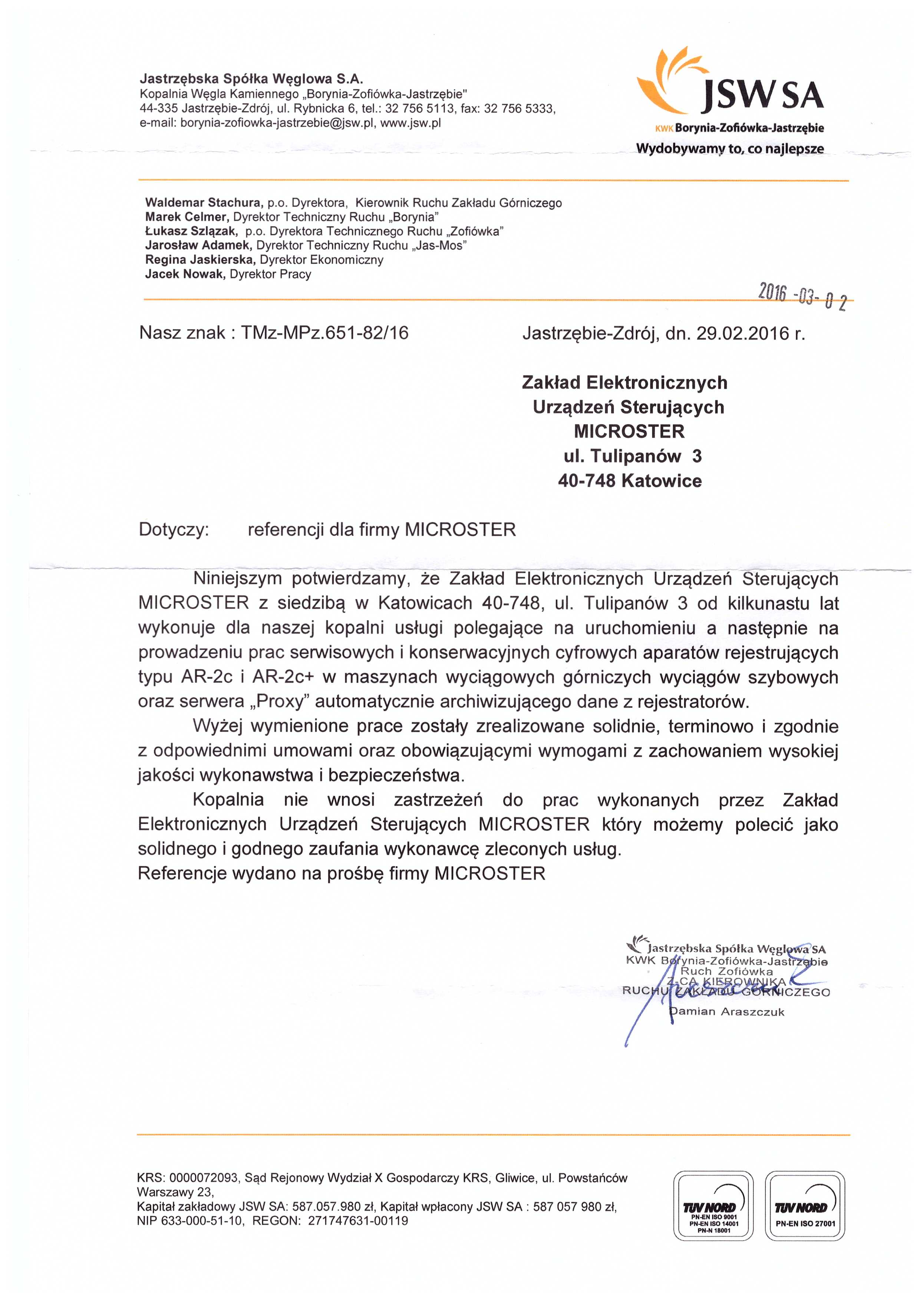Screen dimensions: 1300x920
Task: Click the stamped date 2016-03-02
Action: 802,298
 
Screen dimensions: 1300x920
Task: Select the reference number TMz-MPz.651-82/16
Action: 324,333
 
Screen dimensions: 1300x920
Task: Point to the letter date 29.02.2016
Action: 744,334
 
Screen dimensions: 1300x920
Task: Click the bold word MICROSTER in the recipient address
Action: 629,431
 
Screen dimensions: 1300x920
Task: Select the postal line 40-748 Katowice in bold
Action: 629,481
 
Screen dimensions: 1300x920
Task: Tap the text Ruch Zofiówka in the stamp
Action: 726,972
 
